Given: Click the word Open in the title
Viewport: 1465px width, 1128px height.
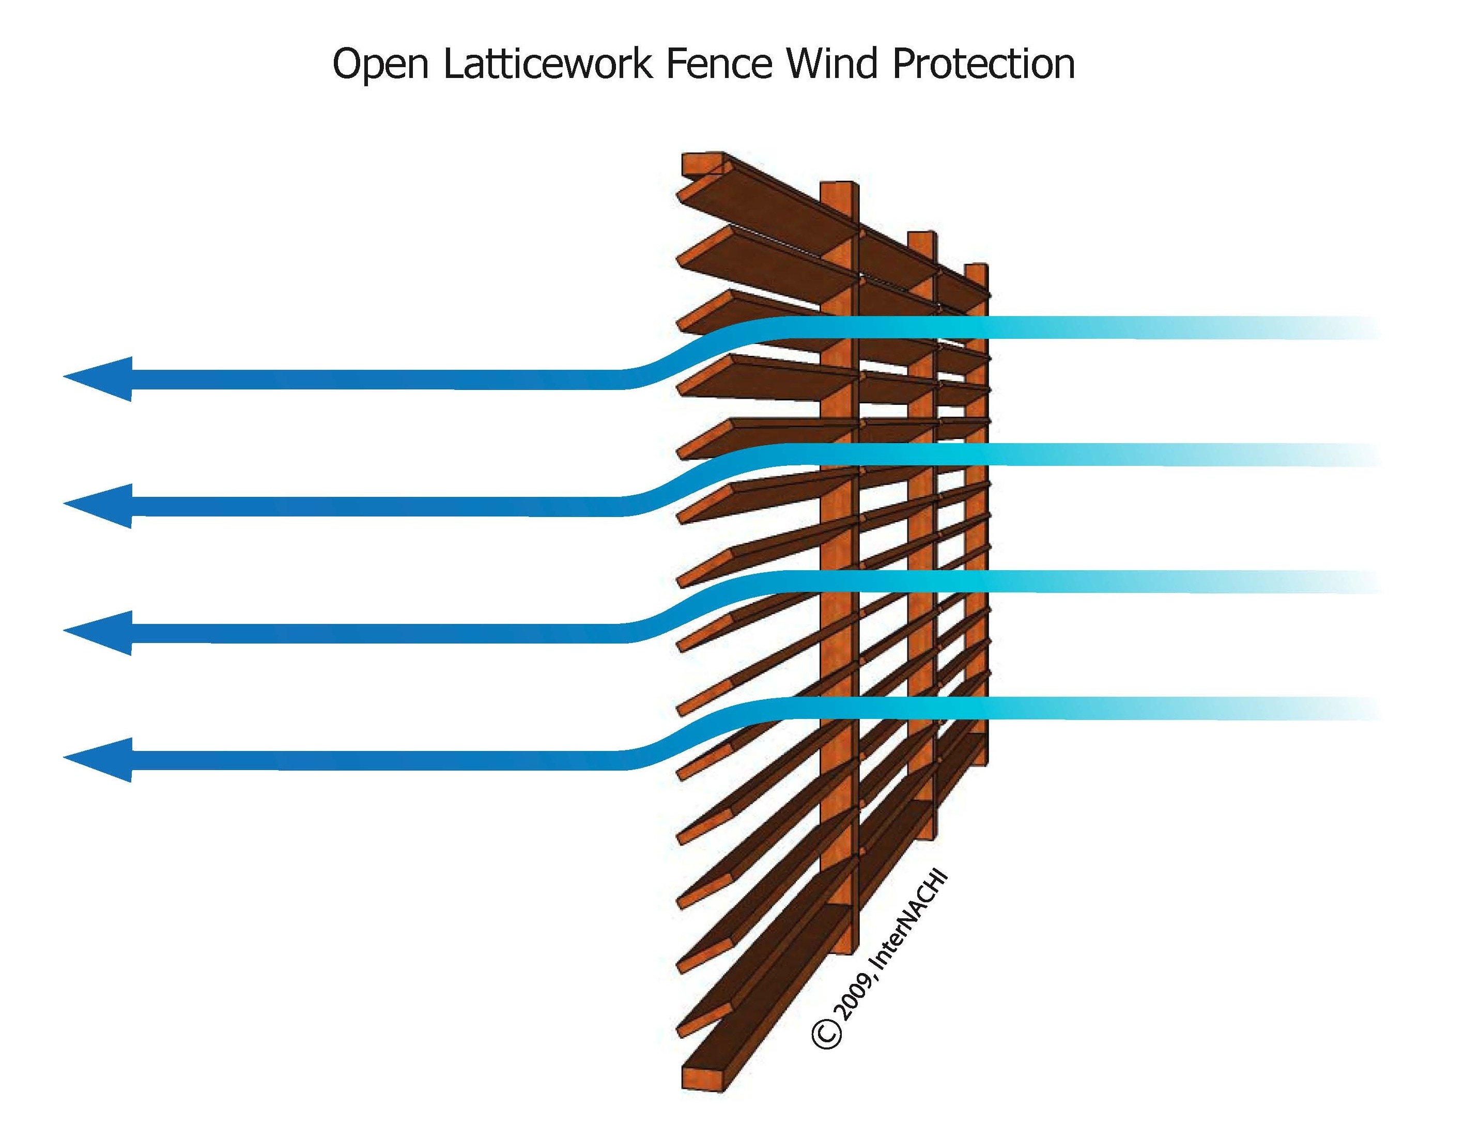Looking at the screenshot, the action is (380, 65).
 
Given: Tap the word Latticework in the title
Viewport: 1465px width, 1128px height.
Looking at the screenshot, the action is (547, 65).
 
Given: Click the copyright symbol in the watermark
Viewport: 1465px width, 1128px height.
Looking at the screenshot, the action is (826, 1033).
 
